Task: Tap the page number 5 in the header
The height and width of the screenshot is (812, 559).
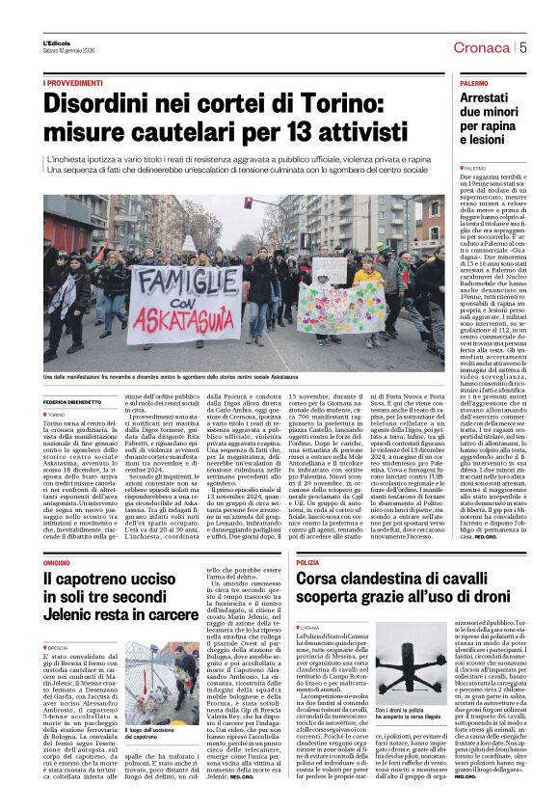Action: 522,46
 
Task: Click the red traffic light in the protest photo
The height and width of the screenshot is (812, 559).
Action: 248,203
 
